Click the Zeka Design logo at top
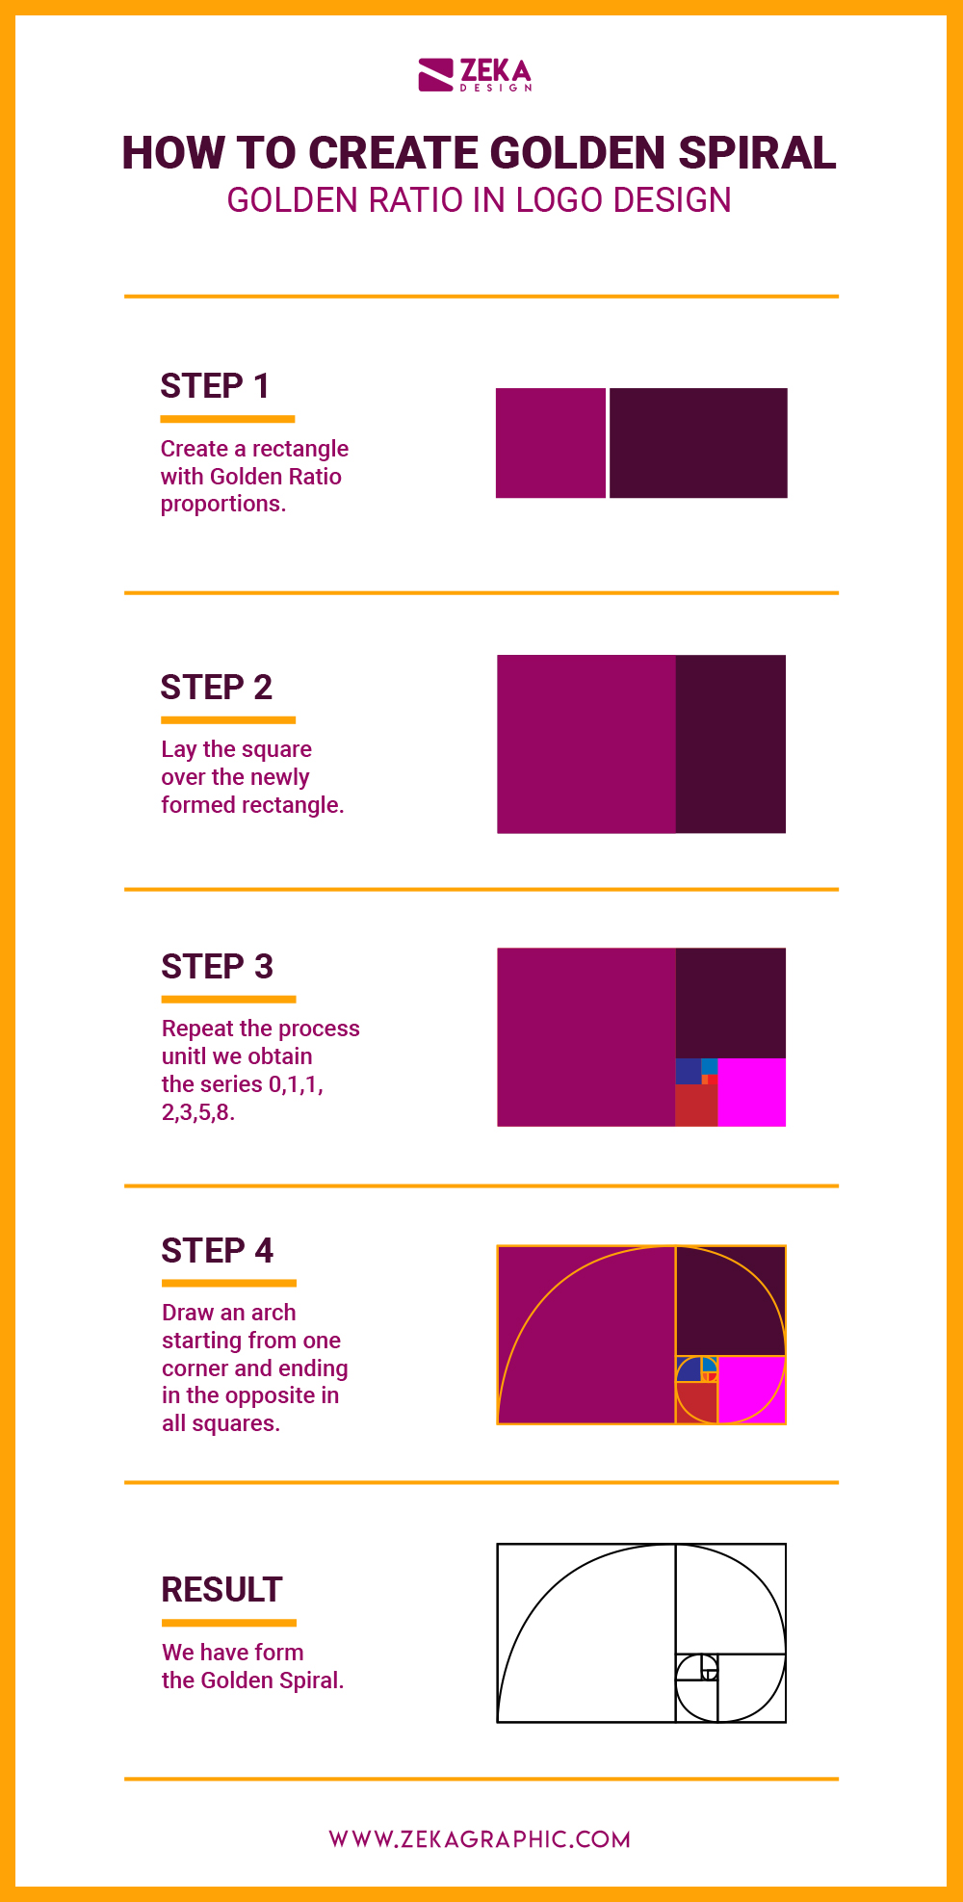[x=475, y=75]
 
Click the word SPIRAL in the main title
[x=757, y=153]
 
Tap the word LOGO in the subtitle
[x=560, y=200]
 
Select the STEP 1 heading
[x=215, y=386]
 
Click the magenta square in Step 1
[x=550, y=443]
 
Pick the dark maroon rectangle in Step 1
[x=698, y=443]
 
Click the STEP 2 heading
[x=217, y=688]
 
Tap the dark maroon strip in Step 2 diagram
[x=730, y=743]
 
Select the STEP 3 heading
[x=218, y=967]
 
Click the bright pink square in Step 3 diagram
[x=752, y=1092]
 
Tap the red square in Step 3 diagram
[x=694, y=1106]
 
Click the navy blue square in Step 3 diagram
[x=688, y=1071]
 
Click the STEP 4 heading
[x=218, y=1251]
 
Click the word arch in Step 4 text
[x=273, y=1313]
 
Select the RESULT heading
[x=221, y=1590]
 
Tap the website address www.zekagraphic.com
[x=480, y=1839]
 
